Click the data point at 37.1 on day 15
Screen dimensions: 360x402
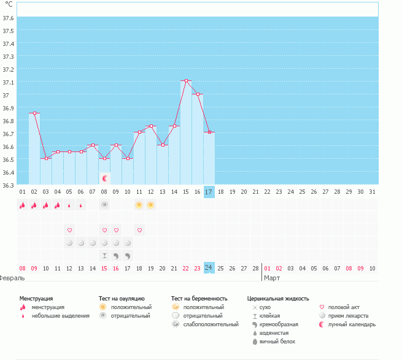[x=186, y=81]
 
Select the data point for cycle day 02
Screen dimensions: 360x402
[x=34, y=113]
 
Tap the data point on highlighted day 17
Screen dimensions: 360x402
[x=209, y=132]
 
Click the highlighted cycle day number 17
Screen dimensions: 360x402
[x=209, y=192]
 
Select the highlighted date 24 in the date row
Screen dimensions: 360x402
[x=209, y=268]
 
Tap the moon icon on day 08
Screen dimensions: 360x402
[x=105, y=178]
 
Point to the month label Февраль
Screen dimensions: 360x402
[x=12, y=278]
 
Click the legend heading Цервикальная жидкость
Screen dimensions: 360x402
[x=278, y=298]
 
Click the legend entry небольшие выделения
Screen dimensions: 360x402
[x=60, y=316]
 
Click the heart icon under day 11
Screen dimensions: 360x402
[x=140, y=230]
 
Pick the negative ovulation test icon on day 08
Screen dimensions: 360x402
[x=105, y=204]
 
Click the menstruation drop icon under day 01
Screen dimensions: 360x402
[x=22, y=205]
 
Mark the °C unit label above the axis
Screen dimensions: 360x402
[x=9, y=4]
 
